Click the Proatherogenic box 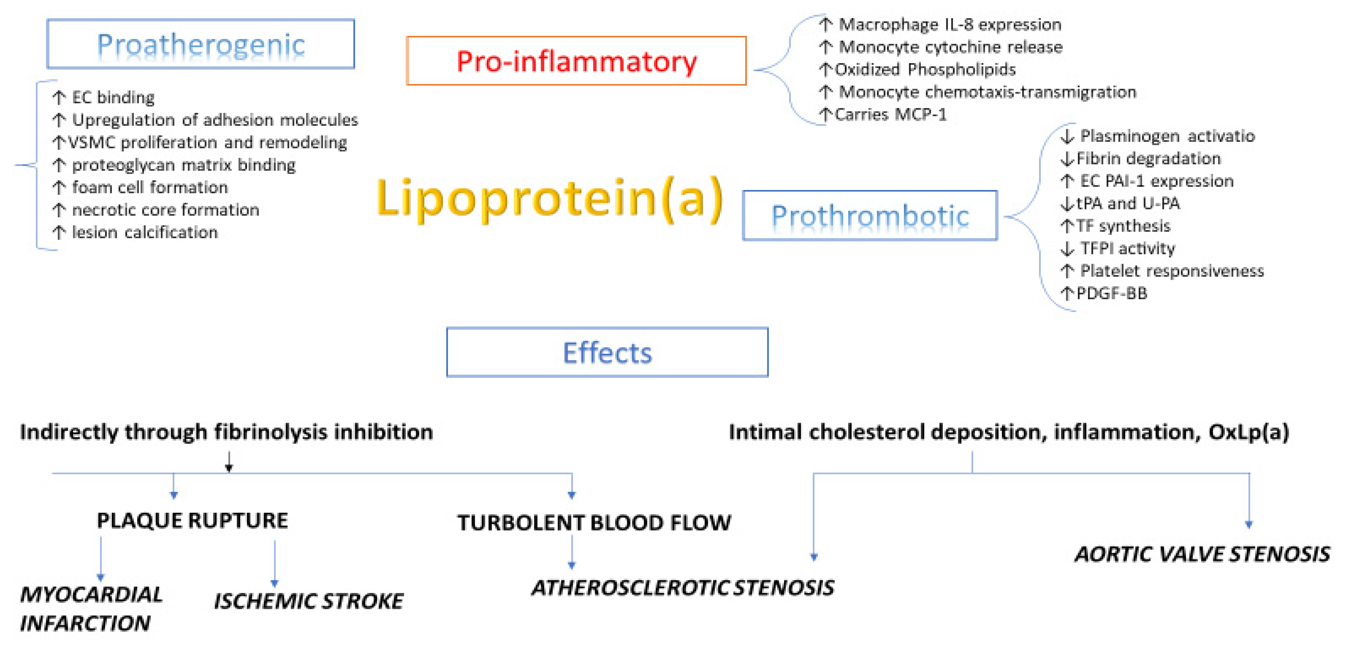pos(201,44)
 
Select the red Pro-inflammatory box pos(576,61)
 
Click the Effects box pos(607,352)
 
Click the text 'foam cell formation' pos(150,187)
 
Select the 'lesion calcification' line pos(145,232)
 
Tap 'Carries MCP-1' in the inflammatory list pos(891,114)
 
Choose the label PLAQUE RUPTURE pos(192,520)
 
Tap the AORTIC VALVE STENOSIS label pos(1202,554)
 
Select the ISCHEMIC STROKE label pos(308,601)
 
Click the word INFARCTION pos(85,623)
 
